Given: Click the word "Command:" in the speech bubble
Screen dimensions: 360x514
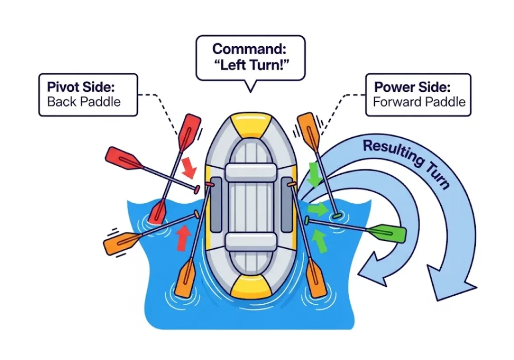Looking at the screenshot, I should pos(250,49).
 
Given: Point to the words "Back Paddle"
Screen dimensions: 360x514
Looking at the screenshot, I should pos(84,102).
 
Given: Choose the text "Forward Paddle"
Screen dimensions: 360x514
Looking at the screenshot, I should pos(419,102).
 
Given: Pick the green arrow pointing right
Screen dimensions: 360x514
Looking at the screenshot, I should pos(316,208).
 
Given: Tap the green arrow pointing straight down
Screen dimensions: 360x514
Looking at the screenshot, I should pos(315,175).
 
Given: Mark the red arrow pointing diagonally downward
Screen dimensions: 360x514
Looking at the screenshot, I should pos(189,167).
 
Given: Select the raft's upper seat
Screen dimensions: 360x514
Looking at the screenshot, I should pos(250,172).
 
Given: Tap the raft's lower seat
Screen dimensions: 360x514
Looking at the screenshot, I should pos(250,242).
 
